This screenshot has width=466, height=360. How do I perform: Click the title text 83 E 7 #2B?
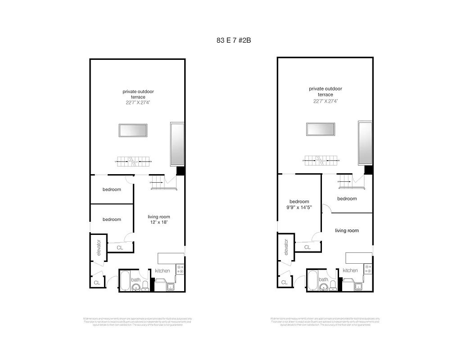coord(233,40)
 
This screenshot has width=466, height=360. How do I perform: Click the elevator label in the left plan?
coord(99,248)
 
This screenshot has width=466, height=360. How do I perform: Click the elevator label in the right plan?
coord(286,247)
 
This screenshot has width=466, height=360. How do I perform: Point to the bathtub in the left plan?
coord(125,281)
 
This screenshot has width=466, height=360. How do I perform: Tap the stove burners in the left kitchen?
coord(180,269)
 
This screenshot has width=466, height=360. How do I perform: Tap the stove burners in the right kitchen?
coord(368,269)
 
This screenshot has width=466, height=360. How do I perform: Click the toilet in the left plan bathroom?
coord(145,286)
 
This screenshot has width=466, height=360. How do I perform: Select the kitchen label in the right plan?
coord(350,270)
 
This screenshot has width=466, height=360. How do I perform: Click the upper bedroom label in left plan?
coord(112,189)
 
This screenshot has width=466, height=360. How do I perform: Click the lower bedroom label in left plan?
coord(112,220)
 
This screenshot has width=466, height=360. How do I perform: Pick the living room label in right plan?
coord(347,230)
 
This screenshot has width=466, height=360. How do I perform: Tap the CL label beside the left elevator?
coord(120,247)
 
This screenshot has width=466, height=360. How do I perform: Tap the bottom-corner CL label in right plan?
coord(284,283)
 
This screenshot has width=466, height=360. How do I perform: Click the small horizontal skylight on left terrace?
coord(133,130)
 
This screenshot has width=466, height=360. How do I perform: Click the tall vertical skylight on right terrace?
coord(365,143)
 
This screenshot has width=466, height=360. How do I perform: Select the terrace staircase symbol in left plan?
coord(133,160)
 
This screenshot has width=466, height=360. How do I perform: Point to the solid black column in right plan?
coord(368,170)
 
